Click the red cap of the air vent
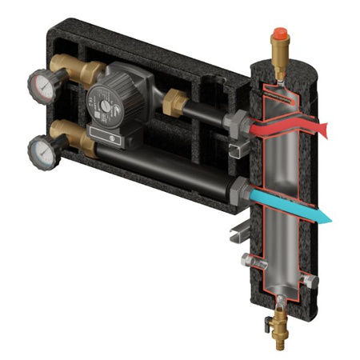pos(280,34)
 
